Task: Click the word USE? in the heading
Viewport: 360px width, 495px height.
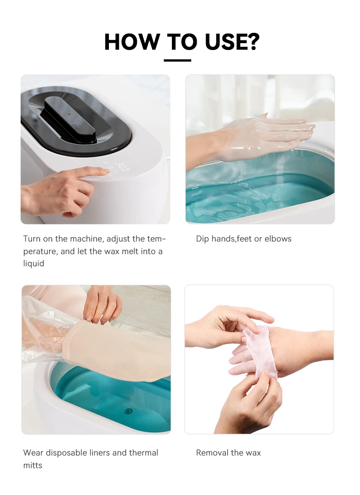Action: tap(232, 41)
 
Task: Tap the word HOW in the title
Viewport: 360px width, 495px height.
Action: tap(132, 41)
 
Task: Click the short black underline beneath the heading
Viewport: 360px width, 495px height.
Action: tap(177, 60)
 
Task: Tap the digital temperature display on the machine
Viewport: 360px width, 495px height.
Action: tap(122, 166)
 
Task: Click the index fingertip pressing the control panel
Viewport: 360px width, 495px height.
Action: tap(104, 171)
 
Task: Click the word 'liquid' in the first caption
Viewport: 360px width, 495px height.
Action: tap(33, 263)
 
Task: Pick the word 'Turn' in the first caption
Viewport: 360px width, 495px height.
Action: tap(31, 239)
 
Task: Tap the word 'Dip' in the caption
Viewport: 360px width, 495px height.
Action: tap(202, 239)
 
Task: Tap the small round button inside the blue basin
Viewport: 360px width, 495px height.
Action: tap(128, 411)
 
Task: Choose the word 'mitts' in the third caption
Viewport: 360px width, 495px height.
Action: tap(32, 465)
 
